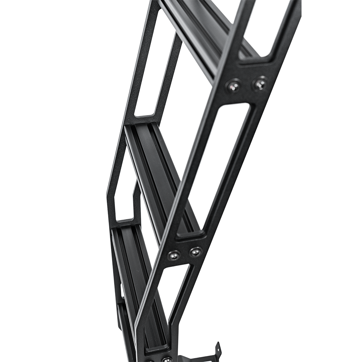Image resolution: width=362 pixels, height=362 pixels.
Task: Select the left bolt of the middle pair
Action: tap(174, 255)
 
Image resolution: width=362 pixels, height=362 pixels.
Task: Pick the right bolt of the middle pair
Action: tap(195, 252)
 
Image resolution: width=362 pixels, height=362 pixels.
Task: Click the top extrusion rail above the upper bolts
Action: tap(198, 32)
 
